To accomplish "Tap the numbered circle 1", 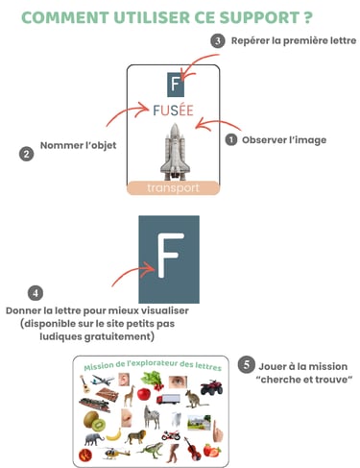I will (x=230, y=140).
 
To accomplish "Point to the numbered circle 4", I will (x=35, y=293).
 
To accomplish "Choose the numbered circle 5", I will (x=246, y=366).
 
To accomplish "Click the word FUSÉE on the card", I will (x=174, y=111).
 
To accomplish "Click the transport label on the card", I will (x=174, y=188).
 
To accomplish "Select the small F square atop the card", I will (x=174, y=83).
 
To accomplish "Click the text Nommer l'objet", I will (x=76, y=146).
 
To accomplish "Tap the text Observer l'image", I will (x=283, y=140).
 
